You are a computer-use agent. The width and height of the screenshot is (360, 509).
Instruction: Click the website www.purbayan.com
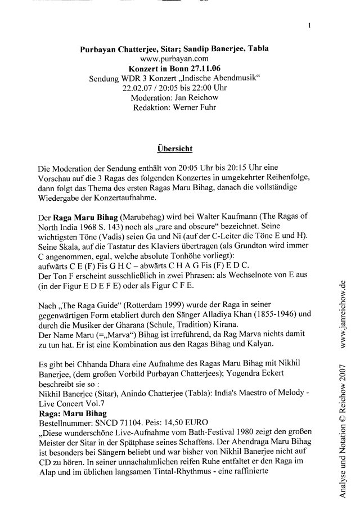(174, 57)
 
